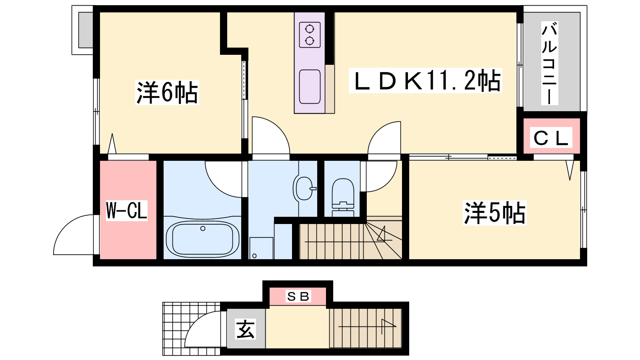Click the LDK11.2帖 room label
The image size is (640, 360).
coord(426,81)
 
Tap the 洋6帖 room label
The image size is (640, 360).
coord(167,93)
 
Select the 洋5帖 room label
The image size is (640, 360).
coord(494,213)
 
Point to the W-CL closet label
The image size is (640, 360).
coord(126,210)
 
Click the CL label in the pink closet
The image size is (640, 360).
coord(551,138)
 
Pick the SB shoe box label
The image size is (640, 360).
coord(298,296)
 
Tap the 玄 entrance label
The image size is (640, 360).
coord(246,329)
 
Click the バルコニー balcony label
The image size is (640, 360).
coord(550,64)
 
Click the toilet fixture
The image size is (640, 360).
coord(343,197)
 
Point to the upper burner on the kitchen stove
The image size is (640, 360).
coord(310,29)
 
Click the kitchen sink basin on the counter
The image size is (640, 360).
coord(310,87)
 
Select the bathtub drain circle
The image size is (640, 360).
coord(203,228)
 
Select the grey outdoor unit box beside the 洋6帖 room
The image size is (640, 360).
coord(86,30)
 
